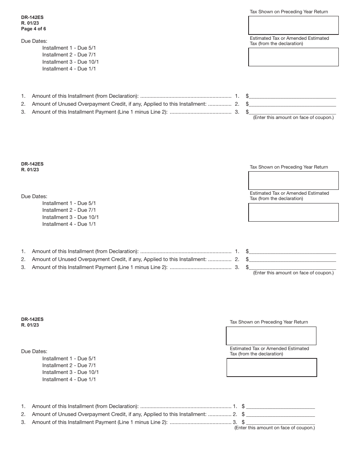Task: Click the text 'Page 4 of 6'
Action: pyautogui.click(x=34, y=29)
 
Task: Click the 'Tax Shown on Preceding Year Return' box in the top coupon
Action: pyautogui.click(x=293, y=25)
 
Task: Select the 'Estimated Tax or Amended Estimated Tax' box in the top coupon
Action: pyautogui.click(x=293, y=57)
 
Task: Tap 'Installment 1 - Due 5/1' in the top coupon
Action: pyautogui.click(x=69, y=48)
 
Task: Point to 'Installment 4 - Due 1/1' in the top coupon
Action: pyautogui.click(x=69, y=69)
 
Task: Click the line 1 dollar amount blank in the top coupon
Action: pyautogui.click(x=292, y=96)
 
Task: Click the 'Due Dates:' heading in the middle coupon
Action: pyautogui.click(x=34, y=196)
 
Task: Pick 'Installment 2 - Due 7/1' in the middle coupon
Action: pyautogui.click(x=69, y=210)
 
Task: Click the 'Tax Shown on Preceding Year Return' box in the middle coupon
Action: pyautogui.click(x=293, y=180)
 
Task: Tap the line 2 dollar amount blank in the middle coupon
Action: pyautogui.click(x=292, y=259)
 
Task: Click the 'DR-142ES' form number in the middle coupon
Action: pyautogui.click(x=33, y=164)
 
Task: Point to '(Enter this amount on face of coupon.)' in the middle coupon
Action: pyautogui.click(x=293, y=273)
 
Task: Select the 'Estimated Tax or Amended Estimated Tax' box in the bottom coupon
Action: pyautogui.click(x=272, y=367)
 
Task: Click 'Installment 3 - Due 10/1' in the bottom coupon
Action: pyautogui.click(x=70, y=372)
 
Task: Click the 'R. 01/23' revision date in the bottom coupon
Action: pyautogui.click(x=30, y=325)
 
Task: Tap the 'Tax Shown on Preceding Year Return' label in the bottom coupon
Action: pyautogui.click(x=269, y=322)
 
